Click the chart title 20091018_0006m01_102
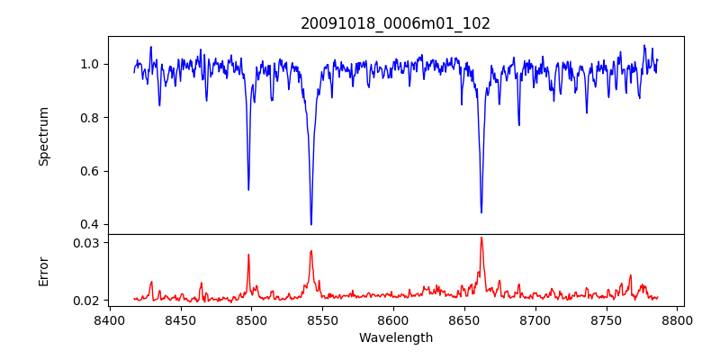(395, 23)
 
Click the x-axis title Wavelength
(395, 337)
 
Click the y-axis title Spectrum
(43, 136)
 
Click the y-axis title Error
(43, 271)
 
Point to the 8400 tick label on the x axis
(109, 319)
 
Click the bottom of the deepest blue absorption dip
(310, 224)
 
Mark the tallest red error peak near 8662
(481, 238)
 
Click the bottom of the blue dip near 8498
(248, 189)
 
